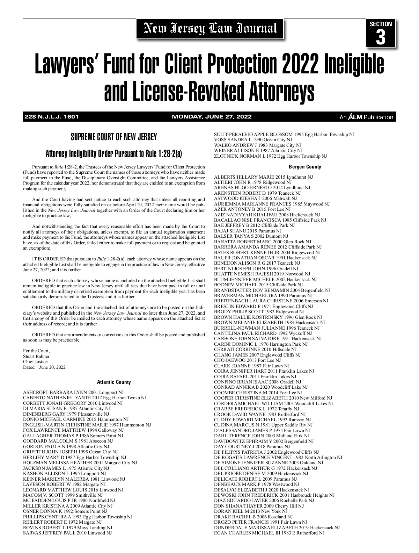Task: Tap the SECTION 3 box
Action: (x=381, y=33)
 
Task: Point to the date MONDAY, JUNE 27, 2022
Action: (x=212, y=117)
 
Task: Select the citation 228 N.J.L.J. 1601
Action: (x=51, y=117)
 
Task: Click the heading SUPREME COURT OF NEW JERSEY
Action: (x=114, y=137)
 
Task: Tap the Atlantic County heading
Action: (x=114, y=382)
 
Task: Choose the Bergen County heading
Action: (x=305, y=167)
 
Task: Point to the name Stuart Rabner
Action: (x=36, y=356)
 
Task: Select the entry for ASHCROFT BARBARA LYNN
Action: (x=73, y=392)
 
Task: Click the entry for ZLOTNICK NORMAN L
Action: (x=270, y=156)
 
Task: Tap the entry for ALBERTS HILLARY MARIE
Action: (x=263, y=177)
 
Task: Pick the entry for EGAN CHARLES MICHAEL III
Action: (x=269, y=533)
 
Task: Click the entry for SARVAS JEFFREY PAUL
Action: (x=67, y=533)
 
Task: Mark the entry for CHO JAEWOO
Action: (x=247, y=360)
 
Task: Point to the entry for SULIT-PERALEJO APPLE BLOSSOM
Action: (x=284, y=134)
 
